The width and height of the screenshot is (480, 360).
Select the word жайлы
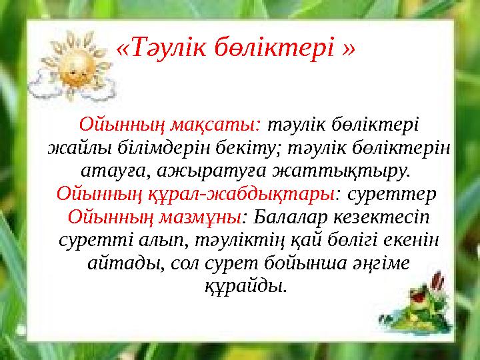[71, 147]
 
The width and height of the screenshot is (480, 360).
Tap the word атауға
[111, 171]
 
